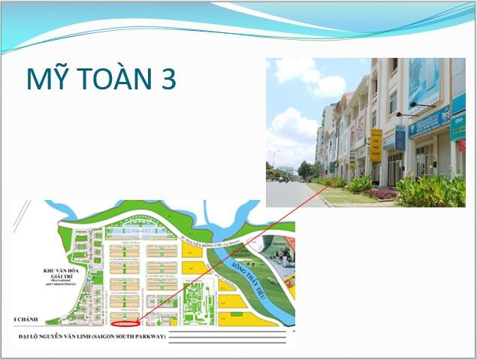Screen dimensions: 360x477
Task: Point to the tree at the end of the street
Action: pos(303,169)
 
